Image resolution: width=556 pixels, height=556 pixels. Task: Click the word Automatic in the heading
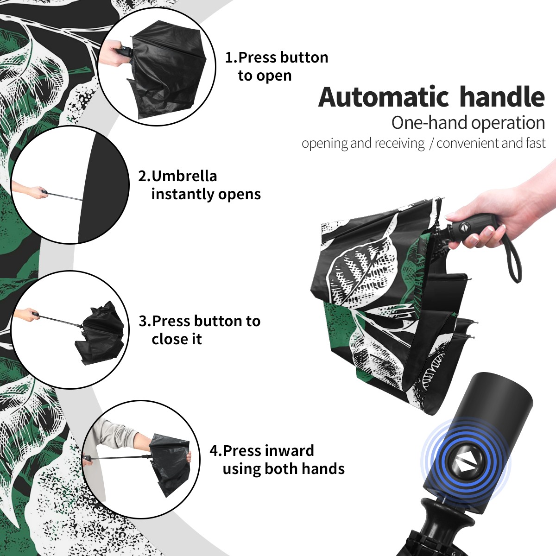[x=384, y=97]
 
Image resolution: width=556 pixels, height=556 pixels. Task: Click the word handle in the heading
[x=502, y=97]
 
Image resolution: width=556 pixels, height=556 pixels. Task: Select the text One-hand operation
[x=468, y=123]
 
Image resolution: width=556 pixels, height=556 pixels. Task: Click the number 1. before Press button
[x=231, y=57]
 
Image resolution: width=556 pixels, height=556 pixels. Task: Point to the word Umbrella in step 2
[x=184, y=176]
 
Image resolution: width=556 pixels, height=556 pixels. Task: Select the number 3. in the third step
[x=145, y=321]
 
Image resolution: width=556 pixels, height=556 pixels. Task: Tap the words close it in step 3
[x=177, y=339]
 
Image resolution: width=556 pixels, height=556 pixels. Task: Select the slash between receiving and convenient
[x=431, y=144]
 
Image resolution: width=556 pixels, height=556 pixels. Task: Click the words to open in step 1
[x=265, y=76]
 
